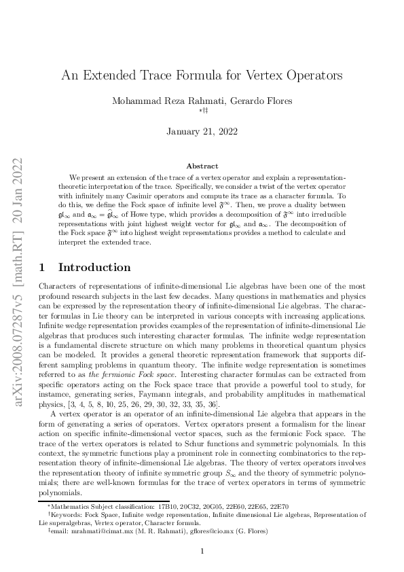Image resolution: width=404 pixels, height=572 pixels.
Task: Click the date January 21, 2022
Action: (x=202, y=132)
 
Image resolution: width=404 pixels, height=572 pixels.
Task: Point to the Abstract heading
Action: (x=202, y=166)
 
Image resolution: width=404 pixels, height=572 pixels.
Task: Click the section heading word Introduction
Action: (x=94, y=268)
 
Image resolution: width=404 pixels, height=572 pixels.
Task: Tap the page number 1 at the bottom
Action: (x=202, y=551)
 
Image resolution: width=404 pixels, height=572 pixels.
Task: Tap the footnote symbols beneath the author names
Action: (x=202, y=110)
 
